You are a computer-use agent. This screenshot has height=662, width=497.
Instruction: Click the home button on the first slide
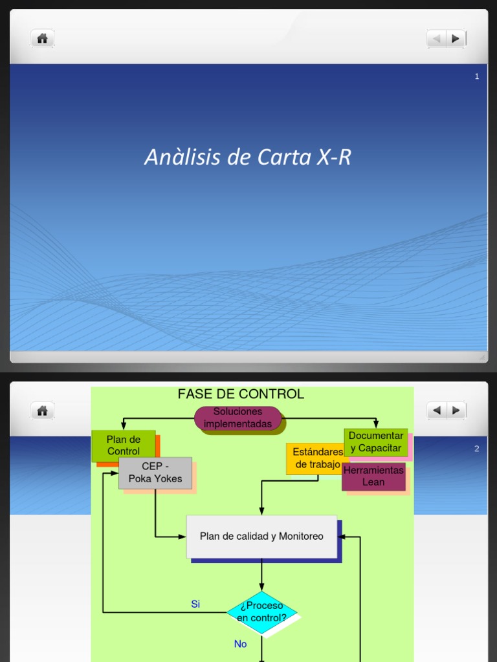point(42,39)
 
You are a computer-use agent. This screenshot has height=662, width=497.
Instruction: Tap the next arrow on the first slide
point(456,39)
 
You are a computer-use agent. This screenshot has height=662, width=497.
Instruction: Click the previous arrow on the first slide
point(436,39)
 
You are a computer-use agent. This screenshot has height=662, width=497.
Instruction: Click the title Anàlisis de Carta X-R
point(248,157)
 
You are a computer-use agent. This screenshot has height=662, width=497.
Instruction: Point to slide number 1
point(477,76)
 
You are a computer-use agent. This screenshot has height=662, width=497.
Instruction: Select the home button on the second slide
point(42,411)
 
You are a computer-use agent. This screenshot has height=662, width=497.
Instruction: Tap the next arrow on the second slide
point(456,410)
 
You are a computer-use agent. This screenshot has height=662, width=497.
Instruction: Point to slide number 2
point(477,449)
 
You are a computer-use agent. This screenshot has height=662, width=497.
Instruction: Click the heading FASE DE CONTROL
point(241,394)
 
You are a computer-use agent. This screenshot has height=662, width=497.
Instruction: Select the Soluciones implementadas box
point(237,418)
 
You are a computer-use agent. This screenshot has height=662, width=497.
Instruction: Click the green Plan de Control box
point(124,445)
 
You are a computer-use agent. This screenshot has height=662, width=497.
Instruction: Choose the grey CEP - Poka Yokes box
point(155,473)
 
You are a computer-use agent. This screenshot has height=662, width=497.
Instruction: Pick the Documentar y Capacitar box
point(376,442)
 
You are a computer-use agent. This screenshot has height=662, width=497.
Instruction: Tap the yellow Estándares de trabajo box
point(317,458)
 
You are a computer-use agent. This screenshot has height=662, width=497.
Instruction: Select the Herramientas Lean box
point(373,476)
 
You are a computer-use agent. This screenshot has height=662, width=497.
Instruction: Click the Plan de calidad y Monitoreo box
point(261,537)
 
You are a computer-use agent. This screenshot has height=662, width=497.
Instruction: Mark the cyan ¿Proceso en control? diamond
point(261,612)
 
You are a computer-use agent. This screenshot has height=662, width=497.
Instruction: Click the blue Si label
point(195,604)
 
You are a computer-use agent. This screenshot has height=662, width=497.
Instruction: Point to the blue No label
point(241,644)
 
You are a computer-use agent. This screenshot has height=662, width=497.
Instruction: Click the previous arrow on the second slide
point(436,410)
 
